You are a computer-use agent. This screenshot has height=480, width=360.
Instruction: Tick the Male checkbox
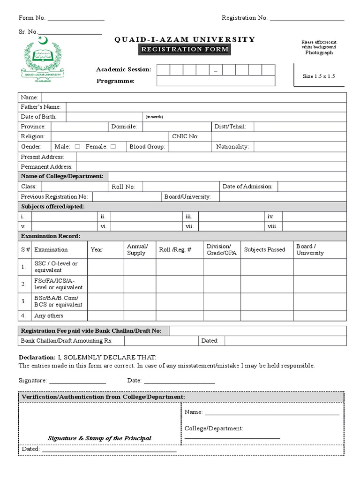[77, 147]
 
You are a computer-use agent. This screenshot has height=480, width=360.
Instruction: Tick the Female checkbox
[113, 147]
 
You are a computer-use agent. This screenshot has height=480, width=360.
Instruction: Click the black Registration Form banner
[185, 49]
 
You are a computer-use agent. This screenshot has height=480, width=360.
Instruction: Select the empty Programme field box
[216, 81]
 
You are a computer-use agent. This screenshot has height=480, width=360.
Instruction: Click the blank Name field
[194, 97]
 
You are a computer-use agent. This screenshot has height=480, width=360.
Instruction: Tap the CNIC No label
[185, 136]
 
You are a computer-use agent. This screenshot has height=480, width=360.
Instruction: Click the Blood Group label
[147, 147]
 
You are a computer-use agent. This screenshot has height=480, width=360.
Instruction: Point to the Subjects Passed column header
[264, 249]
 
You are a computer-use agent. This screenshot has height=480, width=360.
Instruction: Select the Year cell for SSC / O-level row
[105, 267]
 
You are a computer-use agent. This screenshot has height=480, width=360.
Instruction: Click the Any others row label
[49, 315]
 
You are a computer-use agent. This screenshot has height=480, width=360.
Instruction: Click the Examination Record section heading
[51, 236]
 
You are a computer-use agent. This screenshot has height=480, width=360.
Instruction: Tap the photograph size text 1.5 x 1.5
[319, 76]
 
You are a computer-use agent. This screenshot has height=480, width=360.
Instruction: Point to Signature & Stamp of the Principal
[99, 438]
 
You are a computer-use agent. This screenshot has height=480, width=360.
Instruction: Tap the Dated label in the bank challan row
[210, 341]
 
